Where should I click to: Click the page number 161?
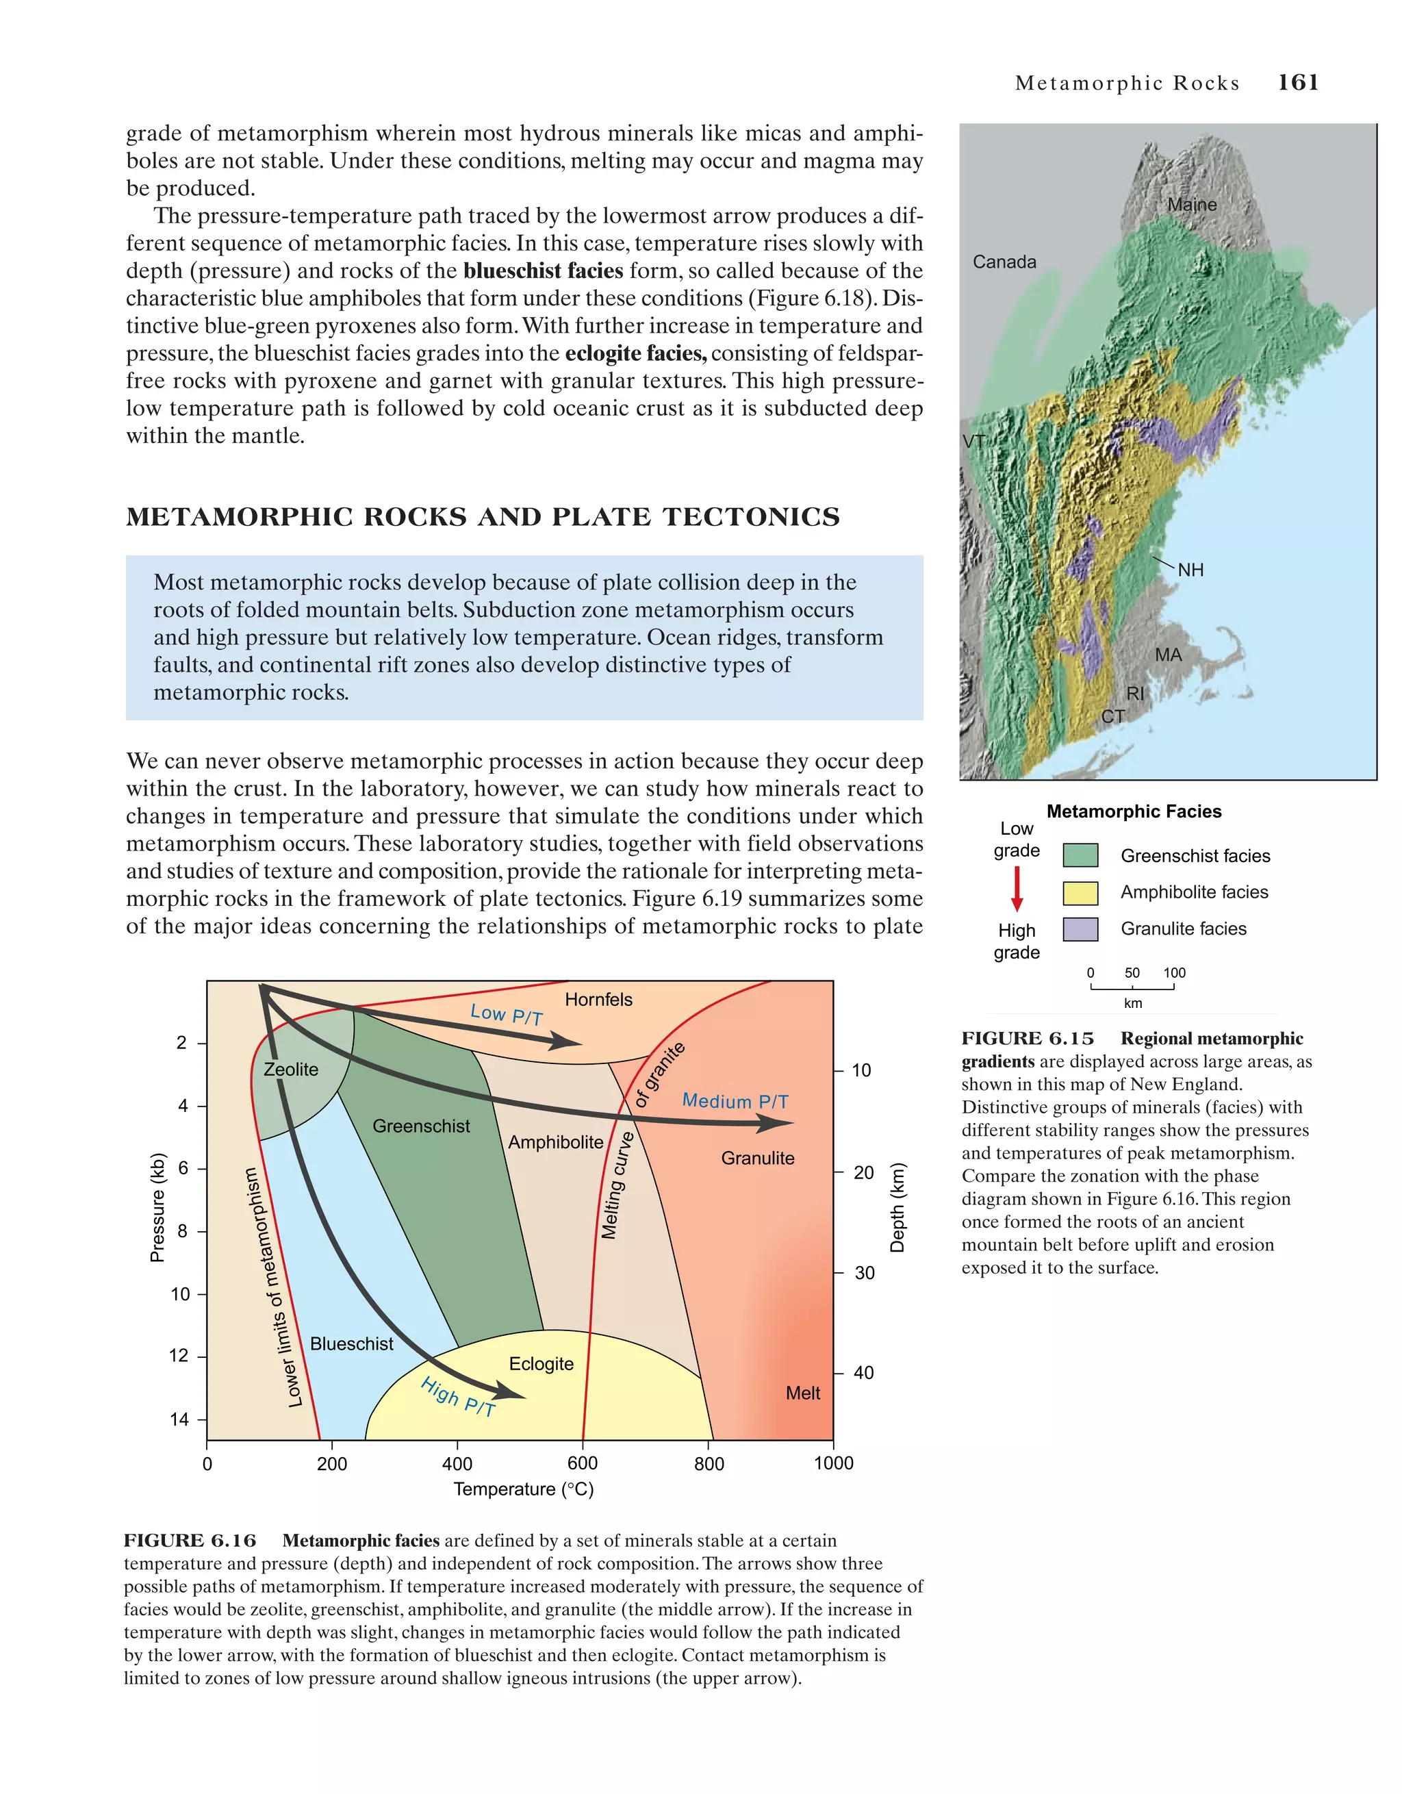pyautogui.click(x=1298, y=82)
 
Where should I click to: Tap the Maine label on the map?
pyautogui.click(x=1192, y=204)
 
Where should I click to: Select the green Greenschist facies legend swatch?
pyautogui.click(x=1080, y=855)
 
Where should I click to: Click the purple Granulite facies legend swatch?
pyautogui.click(x=1080, y=929)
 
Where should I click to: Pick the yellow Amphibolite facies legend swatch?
pyautogui.click(x=1080, y=892)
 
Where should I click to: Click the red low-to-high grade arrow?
pyautogui.click(x=1017, y=889)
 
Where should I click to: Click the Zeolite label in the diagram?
pyautogui.click(x=291, y=1070)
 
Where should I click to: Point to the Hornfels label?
pyautogui.click(x=599, y=1000)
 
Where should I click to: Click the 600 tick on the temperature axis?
pyautogui.click(x=583, y=1463)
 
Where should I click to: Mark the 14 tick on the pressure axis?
pyautogui.click(x=179, y=1419)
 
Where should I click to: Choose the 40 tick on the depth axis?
pyautogui.click(x=863, y=1373)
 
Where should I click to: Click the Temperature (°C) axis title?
pyautogui.click(x=523, y=1489)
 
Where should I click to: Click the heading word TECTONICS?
pyautogui.click(x=751, y=517)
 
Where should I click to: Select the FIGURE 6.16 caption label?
pyautogui.click(x=190, y=1541)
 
